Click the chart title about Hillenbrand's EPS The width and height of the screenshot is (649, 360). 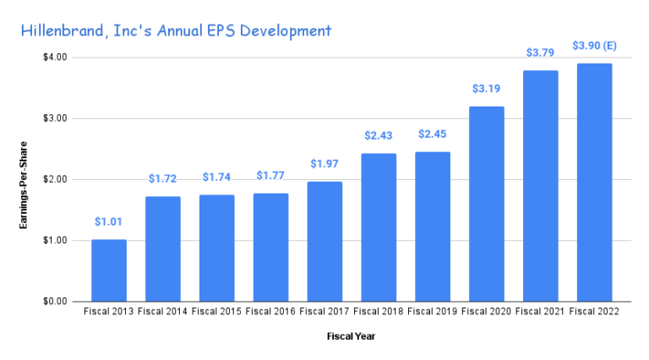pyautogui.click(x=177, y=31)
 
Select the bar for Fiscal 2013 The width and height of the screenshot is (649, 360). pyautogui.click(x=109, y=270)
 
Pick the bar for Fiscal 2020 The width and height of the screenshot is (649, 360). pyautogui.click(x=487, y=204)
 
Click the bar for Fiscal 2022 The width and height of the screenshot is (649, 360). pyautogui.click(x=594, y=183)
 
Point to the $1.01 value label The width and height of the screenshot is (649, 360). pyautogui.click(x=109, y=221)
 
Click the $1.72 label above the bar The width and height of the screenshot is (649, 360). pyautogui.click(x=163, y=178)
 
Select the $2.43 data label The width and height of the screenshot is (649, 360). pyautogui.click(x=379, y=135)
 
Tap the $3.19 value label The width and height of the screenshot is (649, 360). pyautogui.click(x=487, y=88)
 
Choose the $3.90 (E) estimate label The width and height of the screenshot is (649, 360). pyautogui.click(x=594, y=45)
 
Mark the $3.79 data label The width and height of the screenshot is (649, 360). pyautogui.click(x=541, y=52)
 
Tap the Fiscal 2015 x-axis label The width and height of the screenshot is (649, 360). pyautogui.click(x=217, y=312)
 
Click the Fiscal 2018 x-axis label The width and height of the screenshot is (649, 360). pyautogui.click(x=379, y=312)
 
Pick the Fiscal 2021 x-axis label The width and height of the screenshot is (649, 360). pyautogui.click(x=541, y=312)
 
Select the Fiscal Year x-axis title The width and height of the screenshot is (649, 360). pyautogui.click(x=352, y=336)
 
